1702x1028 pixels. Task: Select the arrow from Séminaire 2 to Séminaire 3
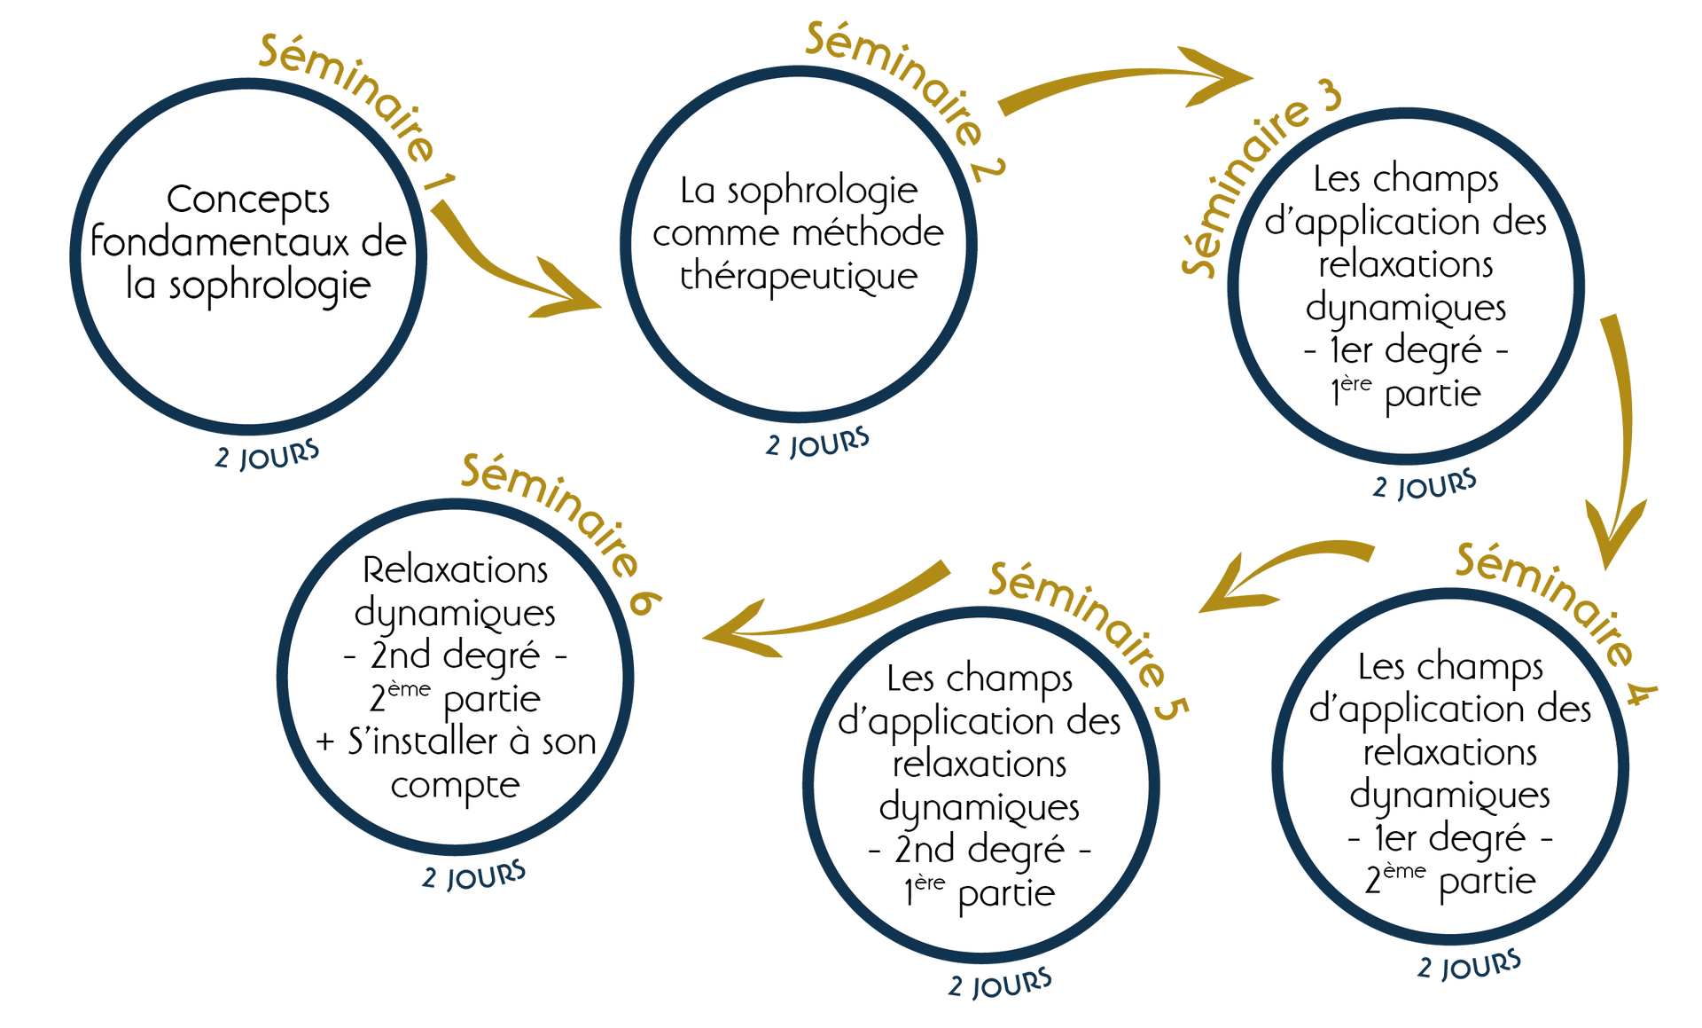click(1126, 84)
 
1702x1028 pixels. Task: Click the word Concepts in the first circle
click(248, 200)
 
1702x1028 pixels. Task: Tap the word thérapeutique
click(799, 277)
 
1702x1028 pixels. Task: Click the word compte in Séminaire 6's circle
click(455, 786)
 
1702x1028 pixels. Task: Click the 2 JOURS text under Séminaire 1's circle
click(267, 456)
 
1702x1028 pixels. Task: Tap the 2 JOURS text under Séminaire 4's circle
click(1469, 965)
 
